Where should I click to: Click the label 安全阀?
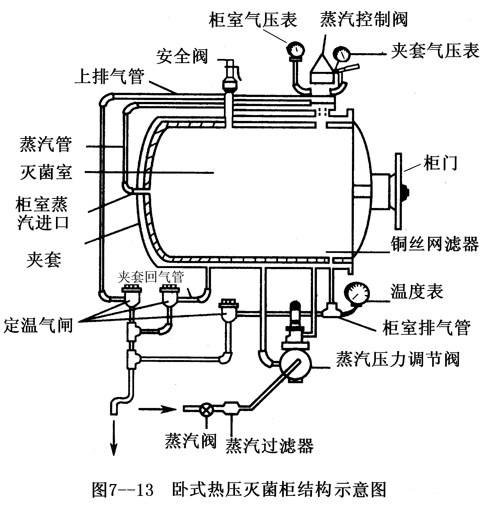pyautogui.click(x=182, y=57)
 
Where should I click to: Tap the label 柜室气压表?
pyautogui.click(x=253, y=20)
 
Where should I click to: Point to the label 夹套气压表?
pyautogui.click(x=435, y=51)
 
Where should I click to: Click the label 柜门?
pyautogui.click(x=440, y=163)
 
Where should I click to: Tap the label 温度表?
pyautogui.click(x=417, y=291)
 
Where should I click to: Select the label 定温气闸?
pyautogui.click(x=38, y=325)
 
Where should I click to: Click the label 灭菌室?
pyautogui.click(x=46, y=172)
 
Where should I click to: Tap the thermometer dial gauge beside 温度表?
pyautogui.click(x=357, y=294)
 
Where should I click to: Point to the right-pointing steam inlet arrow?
pyautogui.click(x=157, y=409)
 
